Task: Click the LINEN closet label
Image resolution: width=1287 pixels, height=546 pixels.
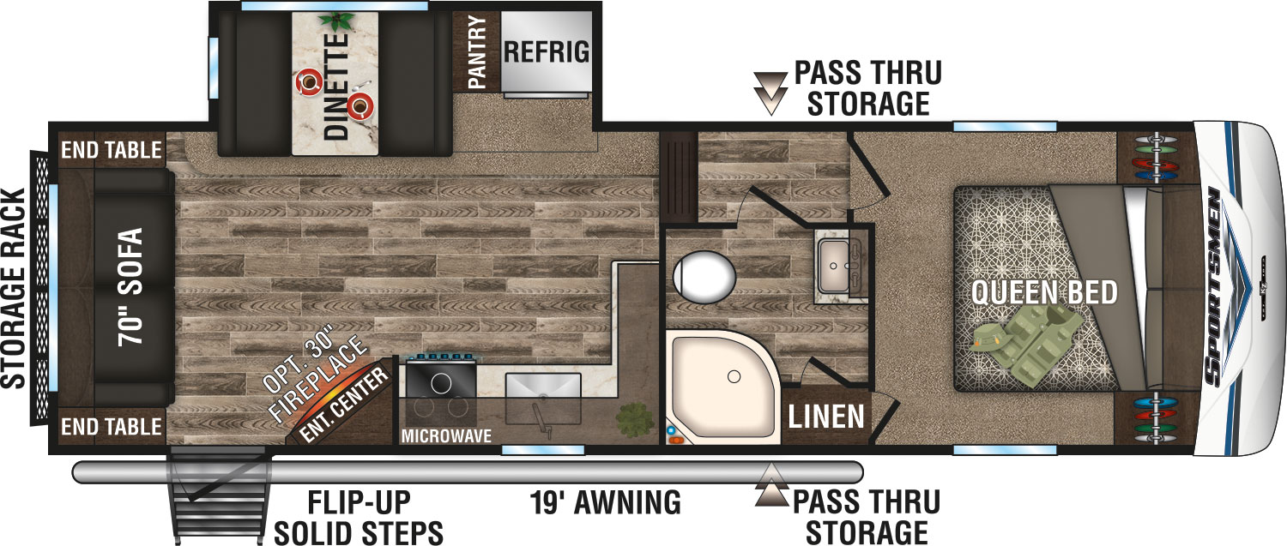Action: pos(826,417)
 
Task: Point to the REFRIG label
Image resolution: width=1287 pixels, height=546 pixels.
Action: pos(547,51)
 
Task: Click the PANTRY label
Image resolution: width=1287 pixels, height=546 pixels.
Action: pos(477,51)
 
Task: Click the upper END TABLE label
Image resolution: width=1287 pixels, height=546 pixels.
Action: pos(111,151)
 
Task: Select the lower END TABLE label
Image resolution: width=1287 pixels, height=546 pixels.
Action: pos(111,426)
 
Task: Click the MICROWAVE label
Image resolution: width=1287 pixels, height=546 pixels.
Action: pos(446,436)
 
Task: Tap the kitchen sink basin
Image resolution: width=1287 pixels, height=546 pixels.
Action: pos(541,388)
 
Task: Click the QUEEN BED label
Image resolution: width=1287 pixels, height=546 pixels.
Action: pos(1044,293)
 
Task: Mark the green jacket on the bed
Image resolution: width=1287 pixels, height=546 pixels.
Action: pos(1035,342)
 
